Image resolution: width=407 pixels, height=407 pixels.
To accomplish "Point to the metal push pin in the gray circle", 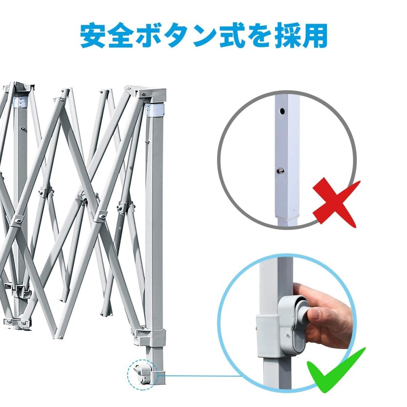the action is [x=280, y=170].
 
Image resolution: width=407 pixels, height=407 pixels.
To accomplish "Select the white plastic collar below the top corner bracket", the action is [x=155, y=110].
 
